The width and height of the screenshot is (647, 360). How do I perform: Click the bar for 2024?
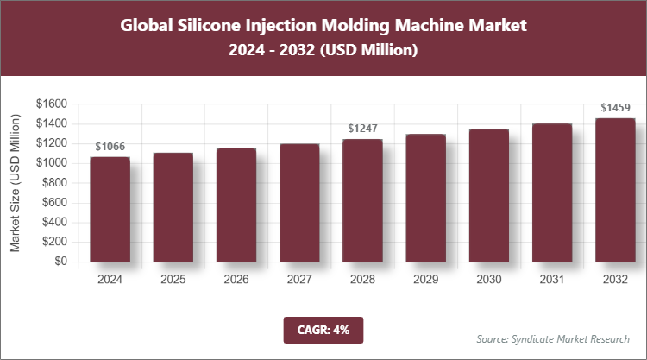click(110, 209)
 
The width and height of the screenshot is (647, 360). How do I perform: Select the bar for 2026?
click(236, 205)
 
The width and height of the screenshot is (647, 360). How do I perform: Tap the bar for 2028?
click(362, 200)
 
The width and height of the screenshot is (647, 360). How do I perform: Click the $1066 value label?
click(110, 147)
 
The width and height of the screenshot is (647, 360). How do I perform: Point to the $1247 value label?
click(362, 129)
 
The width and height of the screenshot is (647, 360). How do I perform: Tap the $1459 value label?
click(614, 108)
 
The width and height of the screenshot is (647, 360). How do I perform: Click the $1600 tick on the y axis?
click(52, 104)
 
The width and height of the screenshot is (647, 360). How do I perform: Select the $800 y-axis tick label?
click(55, 183)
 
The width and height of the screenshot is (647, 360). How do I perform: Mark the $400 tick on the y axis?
click(55, 222)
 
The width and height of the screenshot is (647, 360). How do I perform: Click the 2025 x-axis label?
click(173, 280)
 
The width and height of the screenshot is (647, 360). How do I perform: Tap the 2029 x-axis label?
click(425, 280)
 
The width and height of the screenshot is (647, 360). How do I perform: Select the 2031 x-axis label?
click(551, 280)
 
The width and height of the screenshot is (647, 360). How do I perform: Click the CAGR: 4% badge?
click(323, 329)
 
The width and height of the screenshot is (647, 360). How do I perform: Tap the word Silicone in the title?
click(228, 26)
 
